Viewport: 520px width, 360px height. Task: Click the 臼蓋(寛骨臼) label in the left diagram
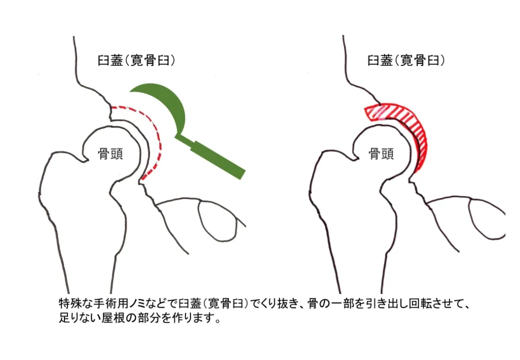coord(137,60)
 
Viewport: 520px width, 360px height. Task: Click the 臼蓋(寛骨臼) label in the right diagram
coord(406,60)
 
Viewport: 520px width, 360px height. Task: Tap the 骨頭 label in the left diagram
coord(110,154)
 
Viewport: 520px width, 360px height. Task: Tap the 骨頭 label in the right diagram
coord(381,154)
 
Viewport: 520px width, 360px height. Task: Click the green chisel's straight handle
coord(219,159)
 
